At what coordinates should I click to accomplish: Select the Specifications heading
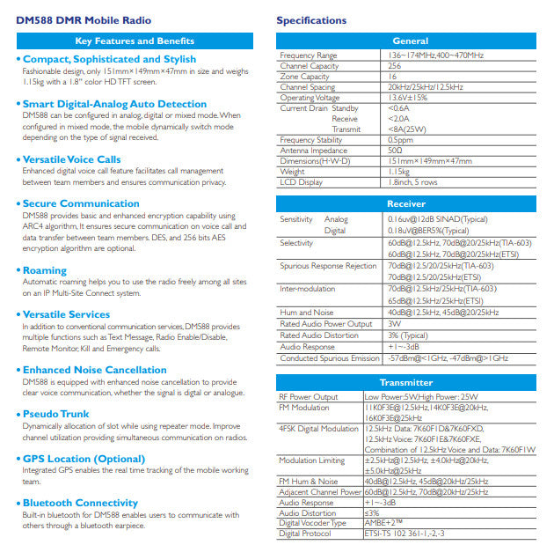click(x=311, y=20)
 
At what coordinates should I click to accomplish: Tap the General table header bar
click(x=410, y=41)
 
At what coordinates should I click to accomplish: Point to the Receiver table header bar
click(x=410, y=203)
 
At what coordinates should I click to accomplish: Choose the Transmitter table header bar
click(x=410, y=383)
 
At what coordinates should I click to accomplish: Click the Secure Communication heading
click(x=81, y=203)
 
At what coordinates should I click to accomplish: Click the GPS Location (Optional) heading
click(x=84, y=460)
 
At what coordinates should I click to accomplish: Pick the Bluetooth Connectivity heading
click(x=80, y=503)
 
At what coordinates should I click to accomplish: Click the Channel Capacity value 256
click(x=395, y=66)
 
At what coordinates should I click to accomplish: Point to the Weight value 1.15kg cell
click(x=399, y=172)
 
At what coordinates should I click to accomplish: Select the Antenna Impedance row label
click(x=314, y=151)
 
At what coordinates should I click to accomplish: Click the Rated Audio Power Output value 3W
click(x=393, y=322)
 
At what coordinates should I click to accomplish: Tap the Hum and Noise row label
click(x=307, y=312)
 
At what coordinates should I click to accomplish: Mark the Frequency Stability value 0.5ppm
click(x=400, y=140)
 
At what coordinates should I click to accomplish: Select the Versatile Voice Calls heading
click(x=72, y=159)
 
